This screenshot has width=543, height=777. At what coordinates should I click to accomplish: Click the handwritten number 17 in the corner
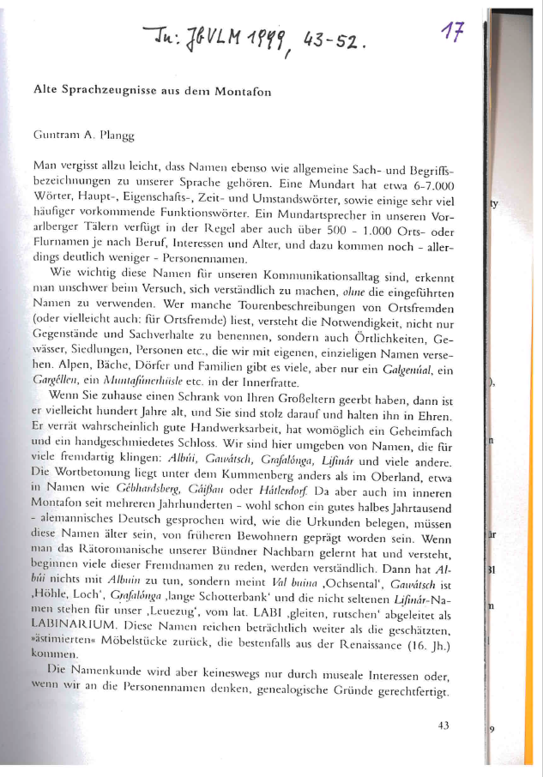tap(453, 33)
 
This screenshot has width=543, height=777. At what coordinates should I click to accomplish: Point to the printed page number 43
tap(443, 726)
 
